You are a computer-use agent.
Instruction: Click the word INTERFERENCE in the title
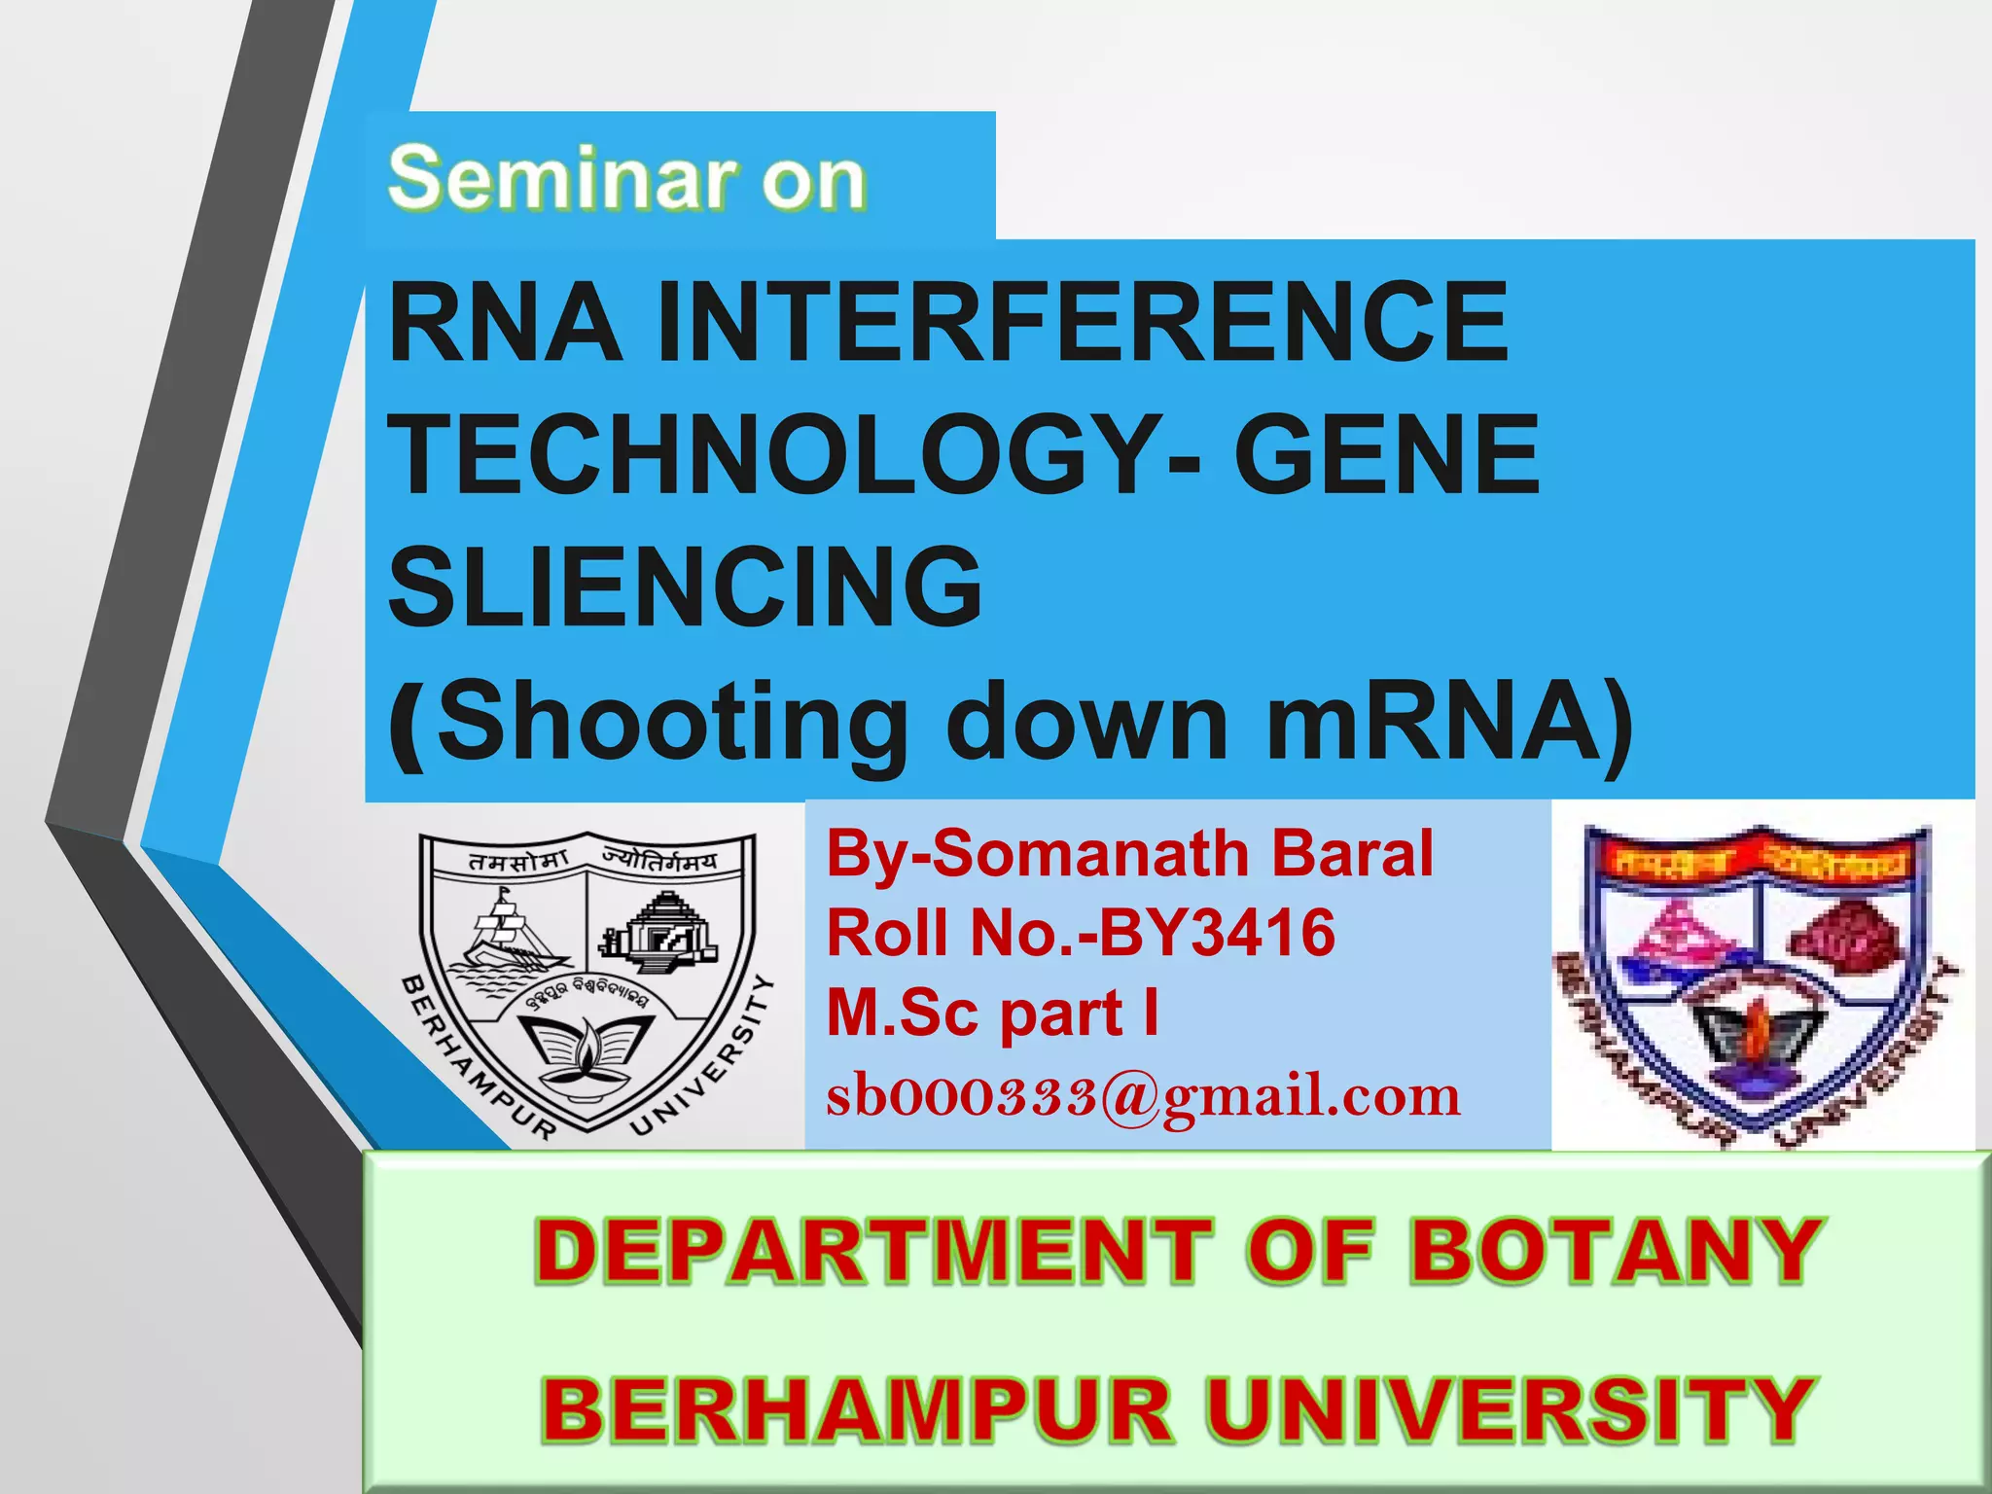(1082, 322)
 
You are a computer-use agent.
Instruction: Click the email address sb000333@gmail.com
(1143, 1096)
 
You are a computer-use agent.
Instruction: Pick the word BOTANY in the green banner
(1614, 1252)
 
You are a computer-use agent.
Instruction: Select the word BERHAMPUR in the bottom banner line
(856, 1410)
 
